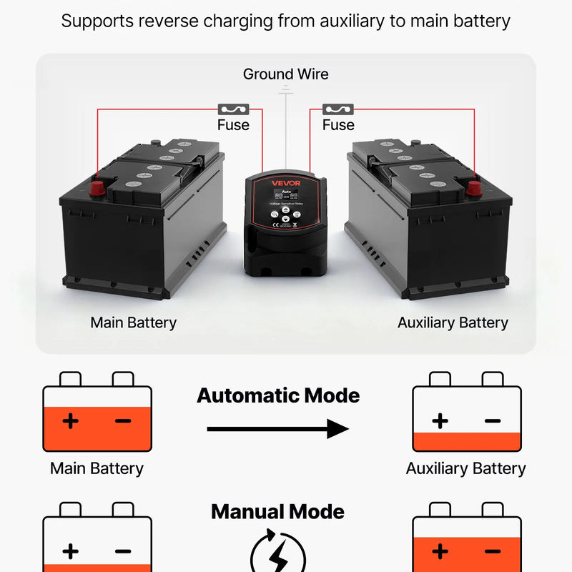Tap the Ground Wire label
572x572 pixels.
click(x=286, y=74)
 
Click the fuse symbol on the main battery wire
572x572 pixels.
click(x=232, y=109)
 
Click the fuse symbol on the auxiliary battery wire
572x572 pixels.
click(x=338, y=109)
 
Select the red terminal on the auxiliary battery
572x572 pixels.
click(x=474, y=188)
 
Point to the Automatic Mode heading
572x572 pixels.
click(x=278, y=395)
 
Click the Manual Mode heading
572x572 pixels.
click(x=277, y=512)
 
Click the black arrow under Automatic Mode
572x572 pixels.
click(x=277, y=429)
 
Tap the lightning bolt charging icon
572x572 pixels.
click(x=278, y=554)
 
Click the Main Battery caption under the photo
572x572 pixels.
click(x=133, y=322)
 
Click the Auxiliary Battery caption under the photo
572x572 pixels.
click(x=453, y=322)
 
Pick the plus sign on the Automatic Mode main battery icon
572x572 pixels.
click(x=70, y=420)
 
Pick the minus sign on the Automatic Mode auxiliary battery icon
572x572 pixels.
click(x=493, y=420)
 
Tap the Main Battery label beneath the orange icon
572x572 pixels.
click(x=97, y=469)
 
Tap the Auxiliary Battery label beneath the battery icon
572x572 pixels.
click(x=465, y=469)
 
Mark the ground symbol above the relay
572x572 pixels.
click(x=286, y=89)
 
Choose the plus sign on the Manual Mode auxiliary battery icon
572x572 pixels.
click(x=440, y=551)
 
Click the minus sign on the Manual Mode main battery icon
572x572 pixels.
click(x=123, y=551)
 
